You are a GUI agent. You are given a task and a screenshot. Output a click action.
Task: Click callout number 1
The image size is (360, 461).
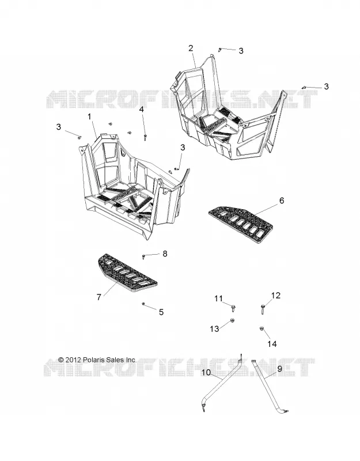pyautogui.click(x=89, y=117)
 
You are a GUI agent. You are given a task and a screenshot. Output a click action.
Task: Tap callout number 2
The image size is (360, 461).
pyautogui.click(x=191, y=48)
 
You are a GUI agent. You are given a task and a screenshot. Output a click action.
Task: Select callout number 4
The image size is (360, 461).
pyautogui.click(x=142, y=109)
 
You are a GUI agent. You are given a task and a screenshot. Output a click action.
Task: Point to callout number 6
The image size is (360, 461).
pyautogui.click(x=282, y=201)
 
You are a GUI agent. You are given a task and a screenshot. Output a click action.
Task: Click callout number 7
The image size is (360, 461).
pyautogui.click(x=98, y=297)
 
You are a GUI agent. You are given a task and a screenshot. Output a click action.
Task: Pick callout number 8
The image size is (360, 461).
pyautogui.click(x=165, y=254)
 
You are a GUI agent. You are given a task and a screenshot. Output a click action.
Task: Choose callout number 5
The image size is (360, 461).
pyautogui.click(x=161, y=312)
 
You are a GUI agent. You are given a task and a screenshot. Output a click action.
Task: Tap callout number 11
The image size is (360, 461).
pyautogui.click(x=218, y=298)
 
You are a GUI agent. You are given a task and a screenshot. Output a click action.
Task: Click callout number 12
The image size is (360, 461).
pyautogui.click(x=276, y=295)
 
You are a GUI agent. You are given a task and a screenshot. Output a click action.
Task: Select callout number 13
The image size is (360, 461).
pyautogui.click(x=214, y=328)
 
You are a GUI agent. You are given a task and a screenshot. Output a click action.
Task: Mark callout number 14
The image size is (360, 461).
pyautogui.click(x=272, y=343)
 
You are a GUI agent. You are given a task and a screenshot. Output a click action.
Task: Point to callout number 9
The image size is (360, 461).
pyautogui.click(x=279, y=368)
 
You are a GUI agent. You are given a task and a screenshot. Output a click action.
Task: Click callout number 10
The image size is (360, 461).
pyautogui.click(x=206, y=372)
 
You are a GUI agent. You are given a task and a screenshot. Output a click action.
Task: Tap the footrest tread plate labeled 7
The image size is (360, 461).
pyautogui.click(x=127, y=273)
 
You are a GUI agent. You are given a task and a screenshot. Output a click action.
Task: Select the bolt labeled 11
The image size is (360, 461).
pyautogui.click(x=234, y=308)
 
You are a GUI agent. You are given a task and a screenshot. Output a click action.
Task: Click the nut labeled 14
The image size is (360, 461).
pyautogui.click(x=261, y=328)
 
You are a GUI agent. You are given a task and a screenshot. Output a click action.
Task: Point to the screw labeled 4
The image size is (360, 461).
pyautogui.click(x=145, y=137)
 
